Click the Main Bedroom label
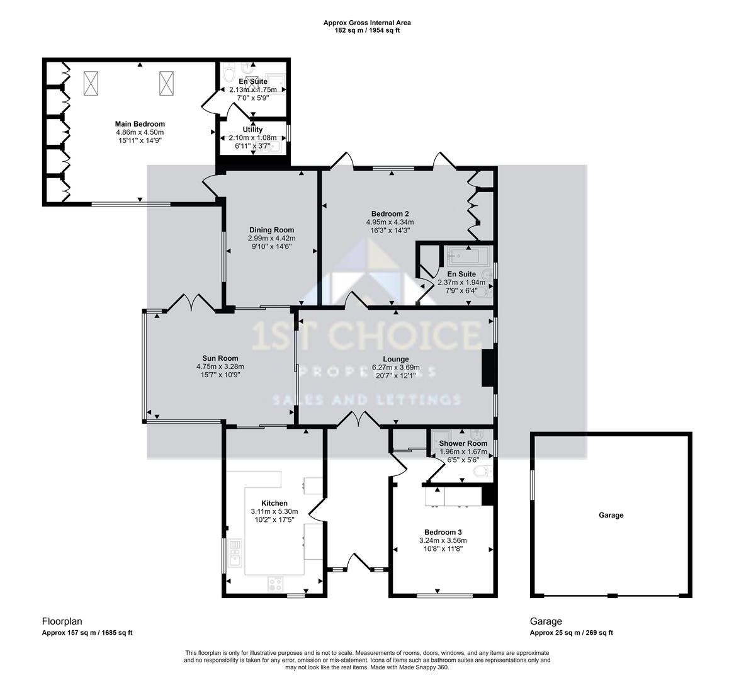tap(140, 124)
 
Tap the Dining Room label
tap(271, 230)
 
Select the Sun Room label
tap(220, 358)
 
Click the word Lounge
tap(395, 360)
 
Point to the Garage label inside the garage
tap(611, 515)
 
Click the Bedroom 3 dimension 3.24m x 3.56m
tap(443, 540)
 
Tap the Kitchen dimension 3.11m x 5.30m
tap(274, 511)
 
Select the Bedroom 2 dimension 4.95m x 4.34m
tap(390, 222)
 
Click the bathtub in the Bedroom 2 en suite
tap(468, 256)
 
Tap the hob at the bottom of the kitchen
tap(275, 584)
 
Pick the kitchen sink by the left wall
tap(235, 553)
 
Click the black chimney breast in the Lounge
tap(488, 368)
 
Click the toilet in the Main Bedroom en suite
tap(229, 74)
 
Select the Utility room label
tap(253, 129)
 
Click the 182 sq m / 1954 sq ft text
tap(368, 30)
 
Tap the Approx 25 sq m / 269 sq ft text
tap(571, 633)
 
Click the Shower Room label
tap(463, 443)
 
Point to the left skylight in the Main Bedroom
tap(90, 83)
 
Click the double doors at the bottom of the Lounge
tap(358, 419)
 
